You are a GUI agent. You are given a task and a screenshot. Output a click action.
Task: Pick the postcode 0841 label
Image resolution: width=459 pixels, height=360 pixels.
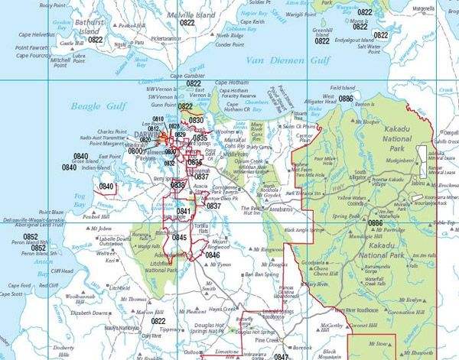tap(184, 211)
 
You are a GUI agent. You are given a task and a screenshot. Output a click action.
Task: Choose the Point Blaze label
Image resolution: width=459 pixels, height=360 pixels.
tap(53, 212)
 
